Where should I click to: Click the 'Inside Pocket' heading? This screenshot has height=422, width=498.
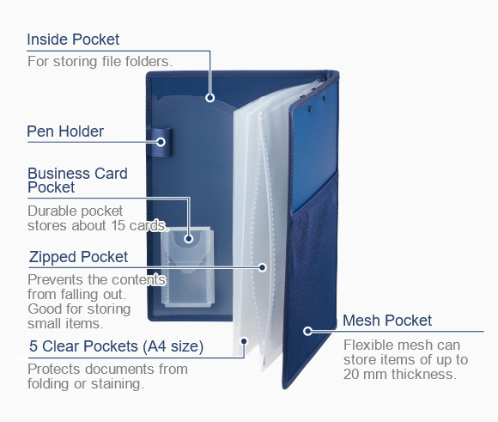73,40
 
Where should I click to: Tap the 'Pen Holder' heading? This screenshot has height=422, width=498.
65,131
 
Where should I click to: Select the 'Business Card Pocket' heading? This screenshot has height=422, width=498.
77,180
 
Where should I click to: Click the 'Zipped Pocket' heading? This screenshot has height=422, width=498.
78,257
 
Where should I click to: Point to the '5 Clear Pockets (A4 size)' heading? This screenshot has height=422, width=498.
116,346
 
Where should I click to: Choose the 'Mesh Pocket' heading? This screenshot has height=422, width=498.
387,321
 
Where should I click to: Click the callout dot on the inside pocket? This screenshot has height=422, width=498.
210,98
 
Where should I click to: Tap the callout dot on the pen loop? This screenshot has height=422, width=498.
161,142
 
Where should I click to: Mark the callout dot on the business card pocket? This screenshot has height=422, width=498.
189,239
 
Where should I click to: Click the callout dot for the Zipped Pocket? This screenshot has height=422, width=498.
262,267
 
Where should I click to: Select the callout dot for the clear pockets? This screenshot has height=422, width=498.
244,341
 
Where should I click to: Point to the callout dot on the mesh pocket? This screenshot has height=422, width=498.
307,331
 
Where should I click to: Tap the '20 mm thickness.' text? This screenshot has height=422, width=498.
400,374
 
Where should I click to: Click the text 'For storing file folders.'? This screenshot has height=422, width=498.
100,61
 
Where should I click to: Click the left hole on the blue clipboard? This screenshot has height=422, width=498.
309,108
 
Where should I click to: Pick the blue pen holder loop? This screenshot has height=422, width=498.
161,142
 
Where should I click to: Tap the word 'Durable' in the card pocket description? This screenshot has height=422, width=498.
50,211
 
